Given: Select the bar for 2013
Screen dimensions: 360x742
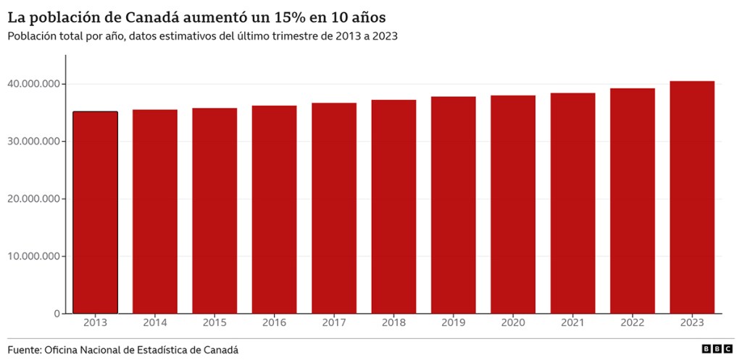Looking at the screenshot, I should point(95,212).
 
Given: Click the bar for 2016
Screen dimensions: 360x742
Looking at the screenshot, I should point(275,209).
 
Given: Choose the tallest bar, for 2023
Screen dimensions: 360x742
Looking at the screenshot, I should point(692,197).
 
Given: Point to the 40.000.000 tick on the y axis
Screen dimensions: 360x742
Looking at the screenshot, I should point(35,84).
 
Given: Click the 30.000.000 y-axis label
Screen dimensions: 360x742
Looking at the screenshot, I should point(35,141).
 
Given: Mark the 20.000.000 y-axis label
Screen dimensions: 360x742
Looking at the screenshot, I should point(35,198).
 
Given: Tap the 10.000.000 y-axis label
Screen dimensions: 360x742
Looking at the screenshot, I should point(35,256).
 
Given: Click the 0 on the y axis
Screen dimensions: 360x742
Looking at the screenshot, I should point(57,313).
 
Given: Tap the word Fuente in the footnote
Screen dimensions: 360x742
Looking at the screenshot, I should point(24,350).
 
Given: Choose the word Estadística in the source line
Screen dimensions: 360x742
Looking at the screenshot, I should point(166,350).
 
